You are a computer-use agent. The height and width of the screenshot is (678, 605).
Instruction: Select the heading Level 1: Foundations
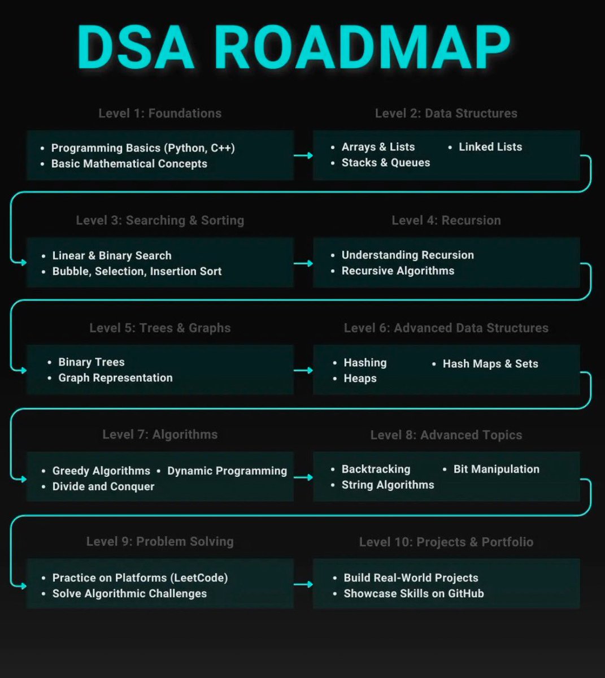click(x=160, y=113)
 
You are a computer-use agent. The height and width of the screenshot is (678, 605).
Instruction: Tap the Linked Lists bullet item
click(x=490, y=147)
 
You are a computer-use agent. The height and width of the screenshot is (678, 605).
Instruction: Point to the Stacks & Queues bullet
click(x=385, y=163)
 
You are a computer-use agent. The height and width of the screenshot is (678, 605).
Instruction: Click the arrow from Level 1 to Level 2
click(x=303, y=155)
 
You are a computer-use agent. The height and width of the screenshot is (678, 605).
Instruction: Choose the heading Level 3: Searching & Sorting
click(x=160, y=220)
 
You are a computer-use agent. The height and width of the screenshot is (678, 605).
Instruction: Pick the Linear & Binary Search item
click(x=112, y=255)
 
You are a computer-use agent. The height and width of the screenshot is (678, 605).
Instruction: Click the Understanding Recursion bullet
click(x=407, y=255)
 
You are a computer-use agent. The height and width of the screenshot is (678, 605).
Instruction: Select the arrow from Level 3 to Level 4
click(x=303, y=263)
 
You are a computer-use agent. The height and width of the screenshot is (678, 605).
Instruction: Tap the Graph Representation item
click(x=115, y=378)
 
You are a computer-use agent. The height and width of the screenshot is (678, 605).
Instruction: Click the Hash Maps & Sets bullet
click(x=490, y=364)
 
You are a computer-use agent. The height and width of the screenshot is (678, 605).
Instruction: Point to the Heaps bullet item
click(x=360, y=379)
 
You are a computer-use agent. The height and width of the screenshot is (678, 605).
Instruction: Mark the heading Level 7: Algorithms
click(x=160, y=434)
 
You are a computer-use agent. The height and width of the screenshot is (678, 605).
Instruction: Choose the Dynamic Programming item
click(x=227, y=471)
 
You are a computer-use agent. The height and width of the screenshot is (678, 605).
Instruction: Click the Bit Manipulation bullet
click(x=496, y=469)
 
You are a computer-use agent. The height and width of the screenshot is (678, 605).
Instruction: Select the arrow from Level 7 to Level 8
click(x=303, y=477)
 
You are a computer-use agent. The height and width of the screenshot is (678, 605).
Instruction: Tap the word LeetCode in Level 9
click(x=201, y=578)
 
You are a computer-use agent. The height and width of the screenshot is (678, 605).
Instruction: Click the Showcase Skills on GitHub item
click(x=414, y=594)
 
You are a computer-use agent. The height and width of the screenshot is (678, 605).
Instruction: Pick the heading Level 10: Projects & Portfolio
click(x=446, y=542)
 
